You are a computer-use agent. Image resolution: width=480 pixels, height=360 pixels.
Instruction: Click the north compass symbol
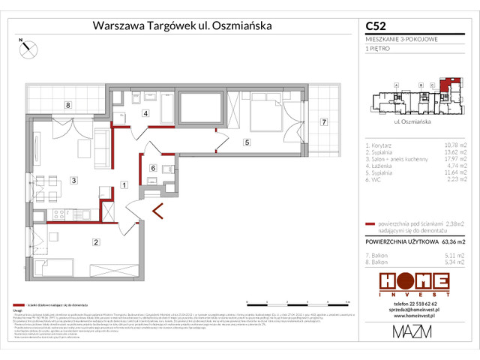point(28,48)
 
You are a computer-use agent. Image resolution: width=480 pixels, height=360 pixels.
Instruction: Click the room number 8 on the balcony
point(67,106)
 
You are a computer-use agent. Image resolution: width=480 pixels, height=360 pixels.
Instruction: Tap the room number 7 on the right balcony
point(324,121)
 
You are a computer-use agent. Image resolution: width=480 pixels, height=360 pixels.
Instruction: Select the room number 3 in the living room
point(73,180)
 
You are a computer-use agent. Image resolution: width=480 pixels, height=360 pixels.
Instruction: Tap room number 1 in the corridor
point(124,184)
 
